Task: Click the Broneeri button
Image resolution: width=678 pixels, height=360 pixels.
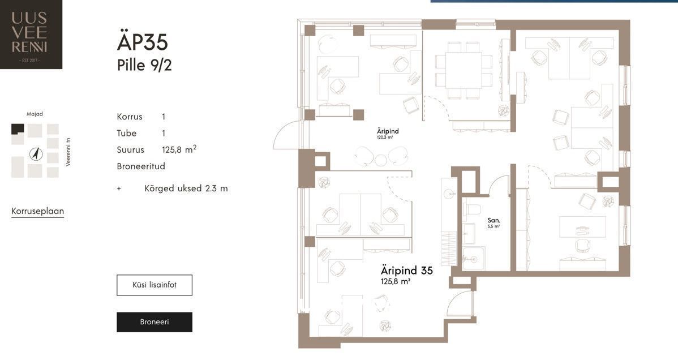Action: click(155, 322)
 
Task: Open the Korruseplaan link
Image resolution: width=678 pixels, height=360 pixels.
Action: click(37, 211)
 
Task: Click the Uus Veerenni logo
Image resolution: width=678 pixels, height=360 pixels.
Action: click(31, 34)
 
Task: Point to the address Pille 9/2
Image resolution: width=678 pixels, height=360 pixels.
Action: click(144, 65)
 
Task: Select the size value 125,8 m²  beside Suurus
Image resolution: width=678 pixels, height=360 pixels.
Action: click(179, 149)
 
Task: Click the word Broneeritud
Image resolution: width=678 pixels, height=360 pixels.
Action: click(141, 166)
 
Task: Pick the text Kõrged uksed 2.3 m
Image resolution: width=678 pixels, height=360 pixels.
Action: click(186, 188)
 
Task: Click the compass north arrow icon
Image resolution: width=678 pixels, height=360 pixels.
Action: click(36, 153)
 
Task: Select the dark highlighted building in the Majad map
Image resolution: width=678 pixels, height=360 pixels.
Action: click(18, 130)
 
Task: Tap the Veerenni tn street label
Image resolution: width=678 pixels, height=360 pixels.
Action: click(68, 152)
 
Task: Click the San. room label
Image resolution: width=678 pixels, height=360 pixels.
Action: click(494, 221)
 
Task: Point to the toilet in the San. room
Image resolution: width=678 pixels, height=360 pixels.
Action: click(472, 209)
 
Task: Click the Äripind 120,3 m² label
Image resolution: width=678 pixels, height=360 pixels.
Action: click(388, 133)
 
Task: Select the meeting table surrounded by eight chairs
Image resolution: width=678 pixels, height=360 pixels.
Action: click(464, 70)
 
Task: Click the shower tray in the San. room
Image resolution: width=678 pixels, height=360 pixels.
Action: click(474, 259)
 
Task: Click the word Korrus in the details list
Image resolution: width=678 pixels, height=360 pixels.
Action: click(129, 117)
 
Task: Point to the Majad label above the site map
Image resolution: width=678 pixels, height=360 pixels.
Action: click(35, 114)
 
